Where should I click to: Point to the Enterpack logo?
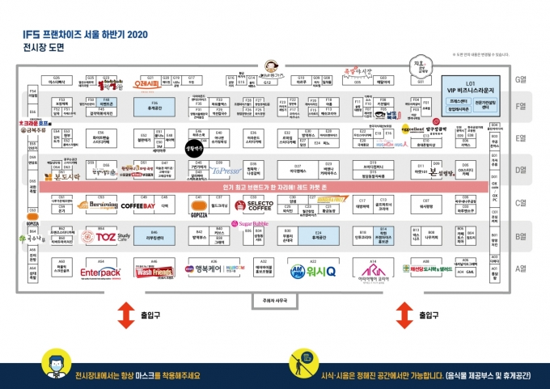101,273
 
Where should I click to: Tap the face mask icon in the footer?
50,366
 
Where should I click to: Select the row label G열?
521,80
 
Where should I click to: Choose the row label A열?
521,268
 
